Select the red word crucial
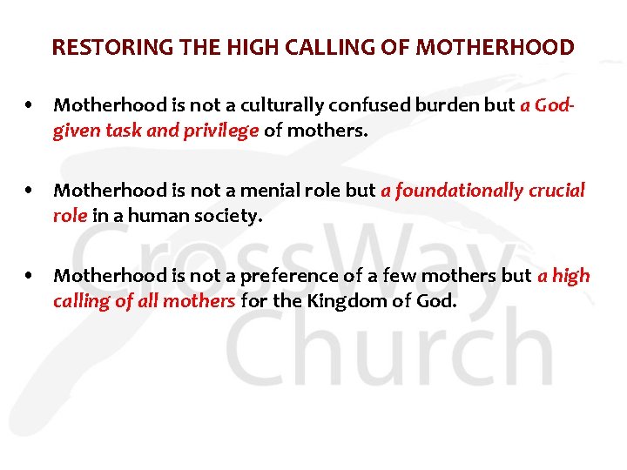tap(557, 191)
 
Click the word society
tap(226, 215)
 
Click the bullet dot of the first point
tap(30, 105)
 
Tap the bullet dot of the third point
tap(30, 276)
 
